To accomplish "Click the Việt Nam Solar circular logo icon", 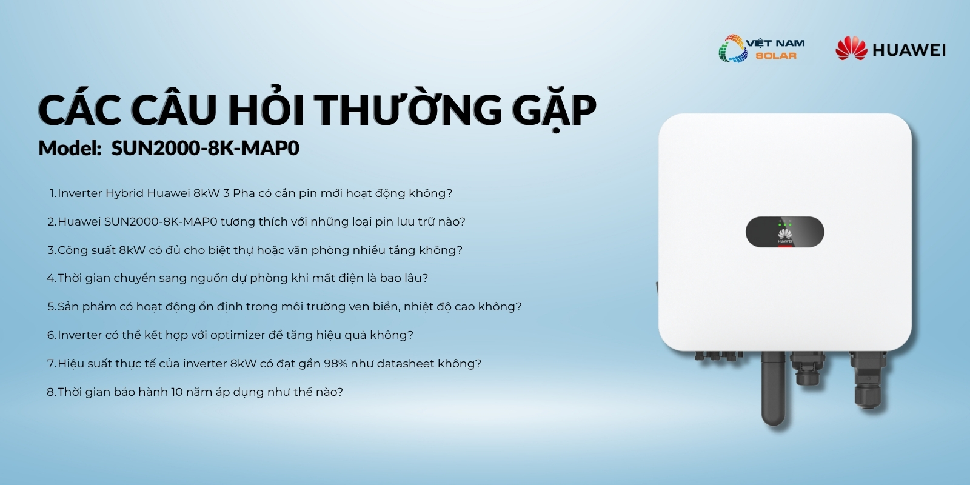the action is (733, 48).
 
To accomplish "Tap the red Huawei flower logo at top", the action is (851, 48).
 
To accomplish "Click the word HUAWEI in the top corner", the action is (909, 50).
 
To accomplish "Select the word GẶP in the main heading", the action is (554, 111).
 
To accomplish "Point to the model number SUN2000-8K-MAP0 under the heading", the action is (206, 148).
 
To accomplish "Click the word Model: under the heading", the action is (70, 148).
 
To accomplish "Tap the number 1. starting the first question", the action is (53, 193).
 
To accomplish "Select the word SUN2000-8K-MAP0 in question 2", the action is (160, 222).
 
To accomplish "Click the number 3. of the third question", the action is (52, 250).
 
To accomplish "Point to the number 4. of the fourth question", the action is (52, 278).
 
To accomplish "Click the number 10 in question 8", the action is (177, 392).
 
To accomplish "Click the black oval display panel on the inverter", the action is (784, 232).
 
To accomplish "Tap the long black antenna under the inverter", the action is (773, 388).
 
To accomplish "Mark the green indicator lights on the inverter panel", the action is (784, 224).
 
